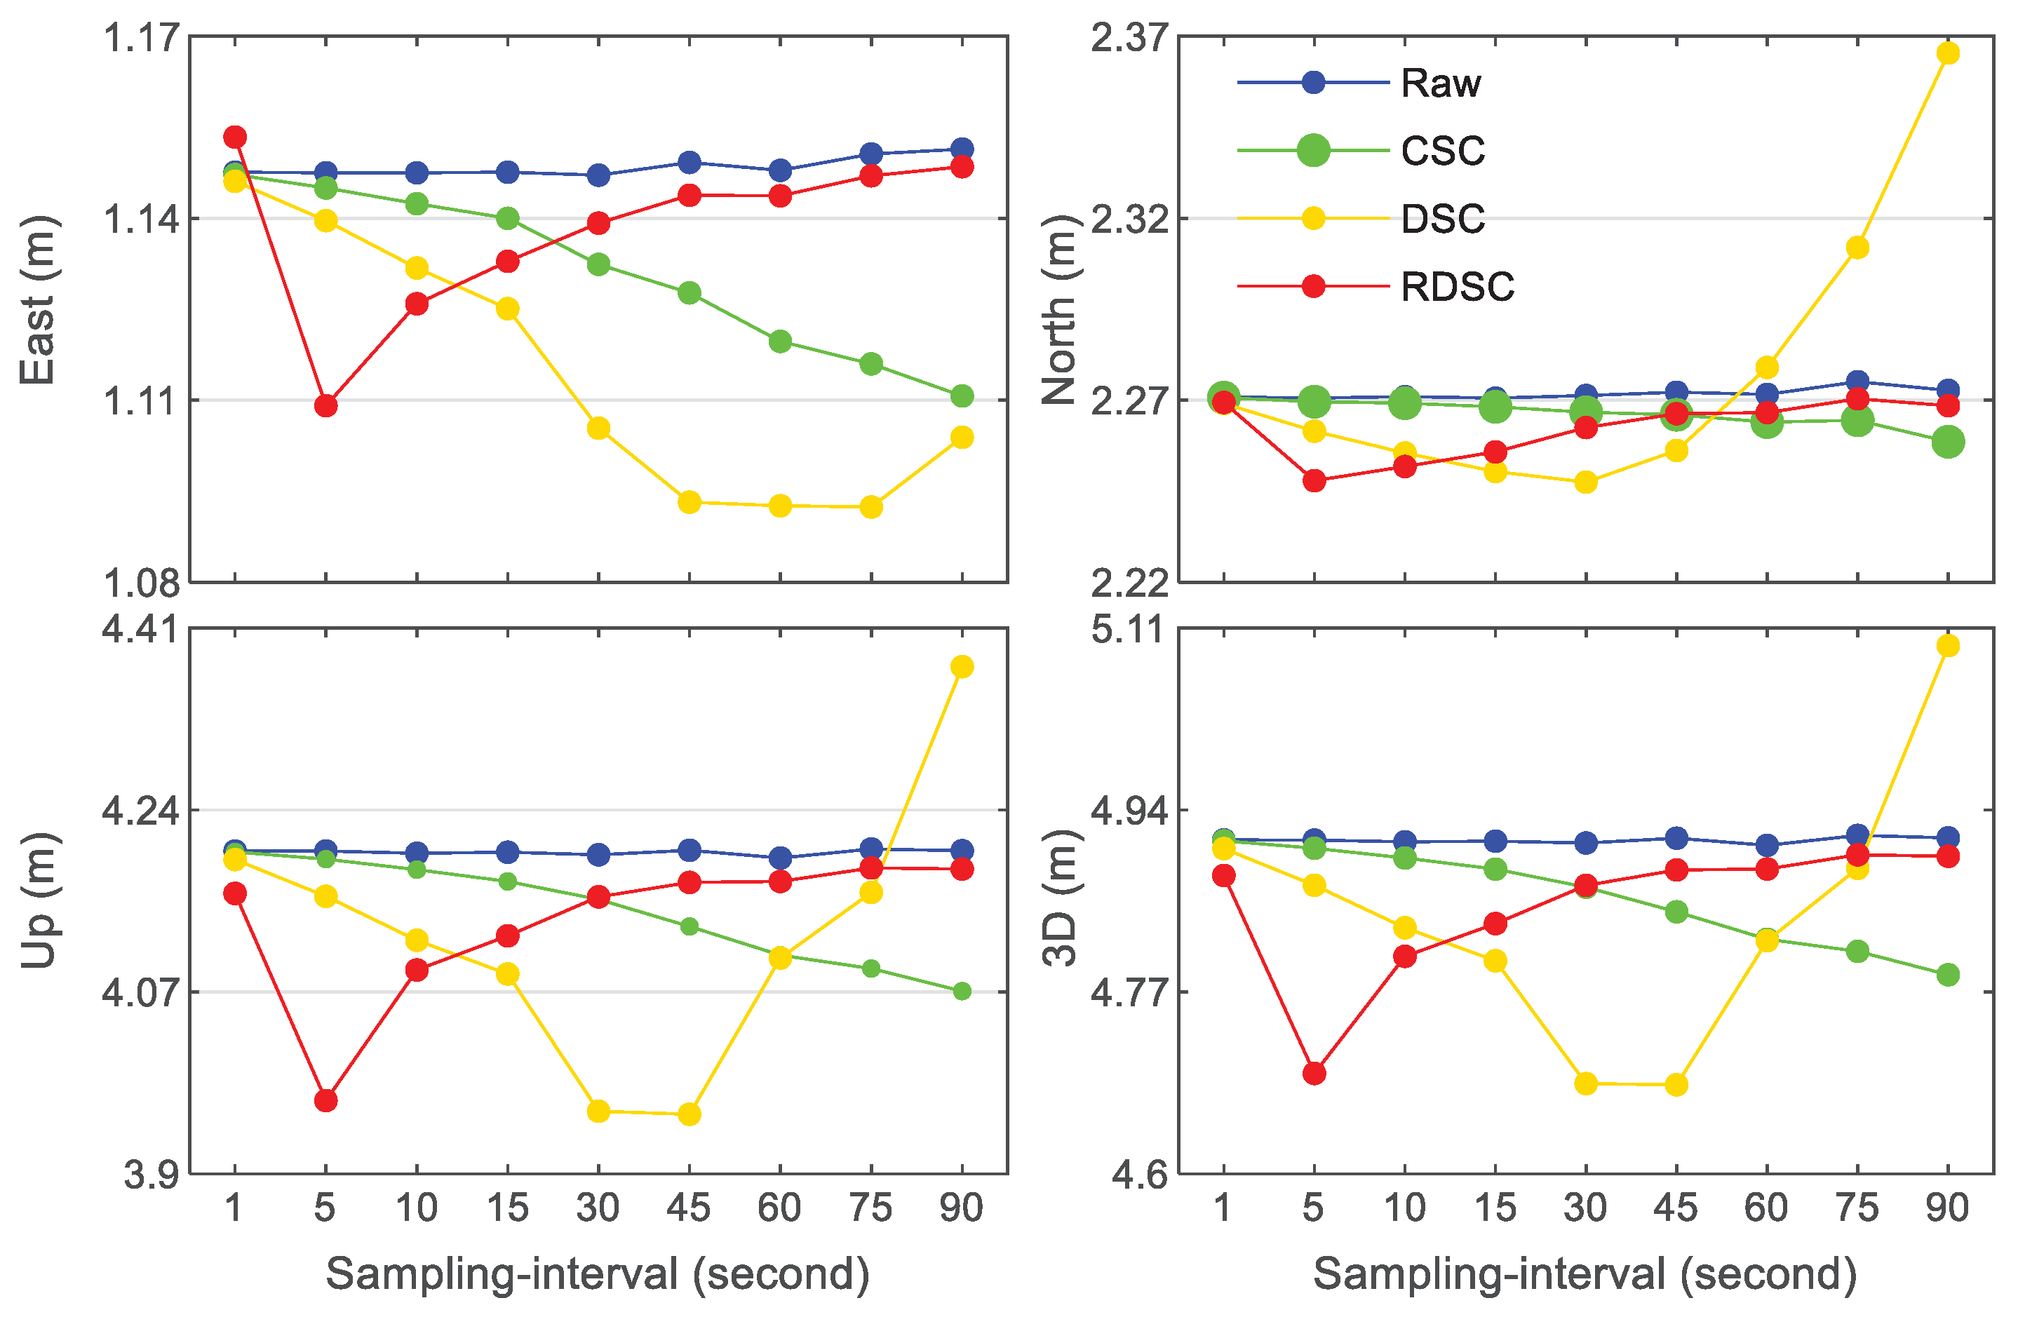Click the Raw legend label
[1440, 83]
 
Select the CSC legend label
[1442, 151]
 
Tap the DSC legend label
[1442, 219]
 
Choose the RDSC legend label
[1457, 287]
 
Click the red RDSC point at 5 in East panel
[325, 406]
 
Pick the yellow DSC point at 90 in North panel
[1948, 53]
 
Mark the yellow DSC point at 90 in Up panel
[962, 667]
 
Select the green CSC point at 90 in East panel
[962, 396]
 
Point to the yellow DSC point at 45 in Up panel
[690, 1114]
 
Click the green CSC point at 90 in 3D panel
[1948, 975]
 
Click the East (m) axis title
[37, 301]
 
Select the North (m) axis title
[1058, 309]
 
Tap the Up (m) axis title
[37, 900]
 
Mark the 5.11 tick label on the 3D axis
[1129, 630]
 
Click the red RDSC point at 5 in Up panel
[325, 1101]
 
